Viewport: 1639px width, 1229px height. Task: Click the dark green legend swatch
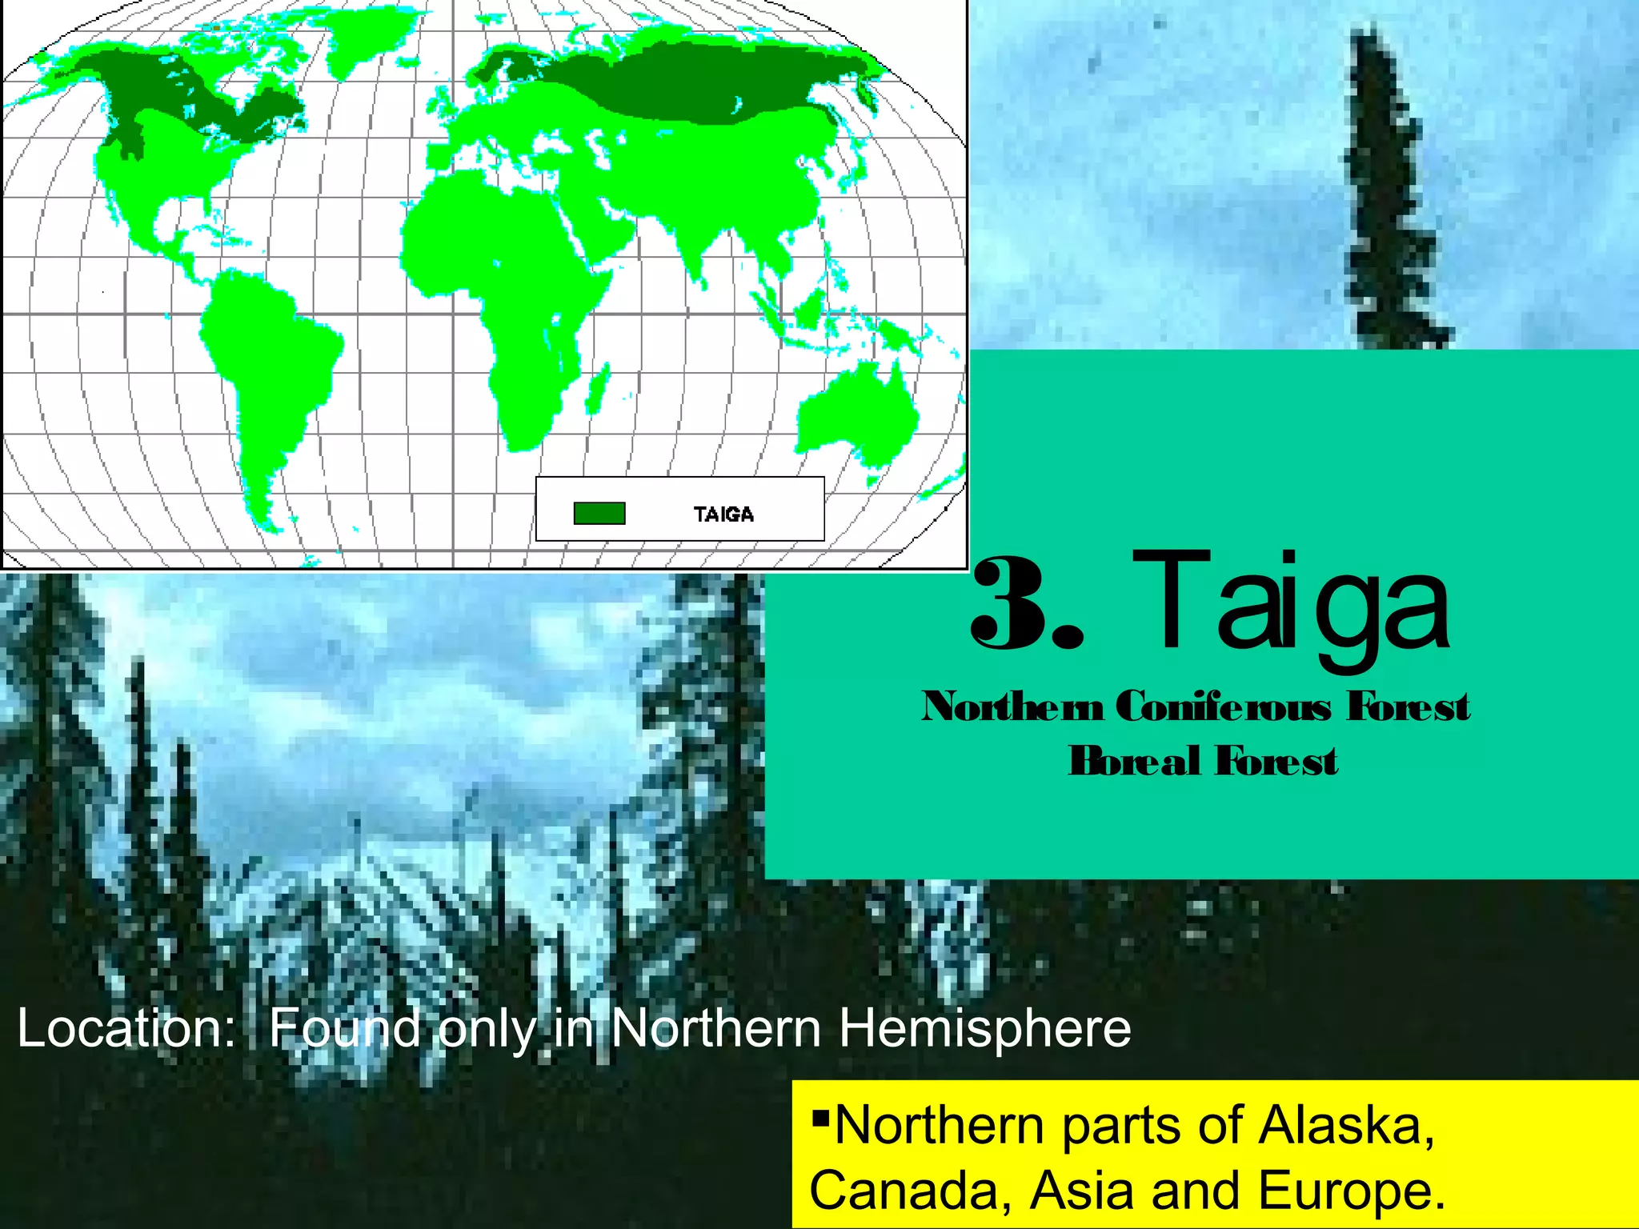599,513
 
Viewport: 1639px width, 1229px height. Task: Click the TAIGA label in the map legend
723,514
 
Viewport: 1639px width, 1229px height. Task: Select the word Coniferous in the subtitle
1224,707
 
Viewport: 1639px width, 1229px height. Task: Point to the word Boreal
1134,761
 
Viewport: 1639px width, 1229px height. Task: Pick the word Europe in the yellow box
1352,1190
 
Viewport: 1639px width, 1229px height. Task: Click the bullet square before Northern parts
819,1115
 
